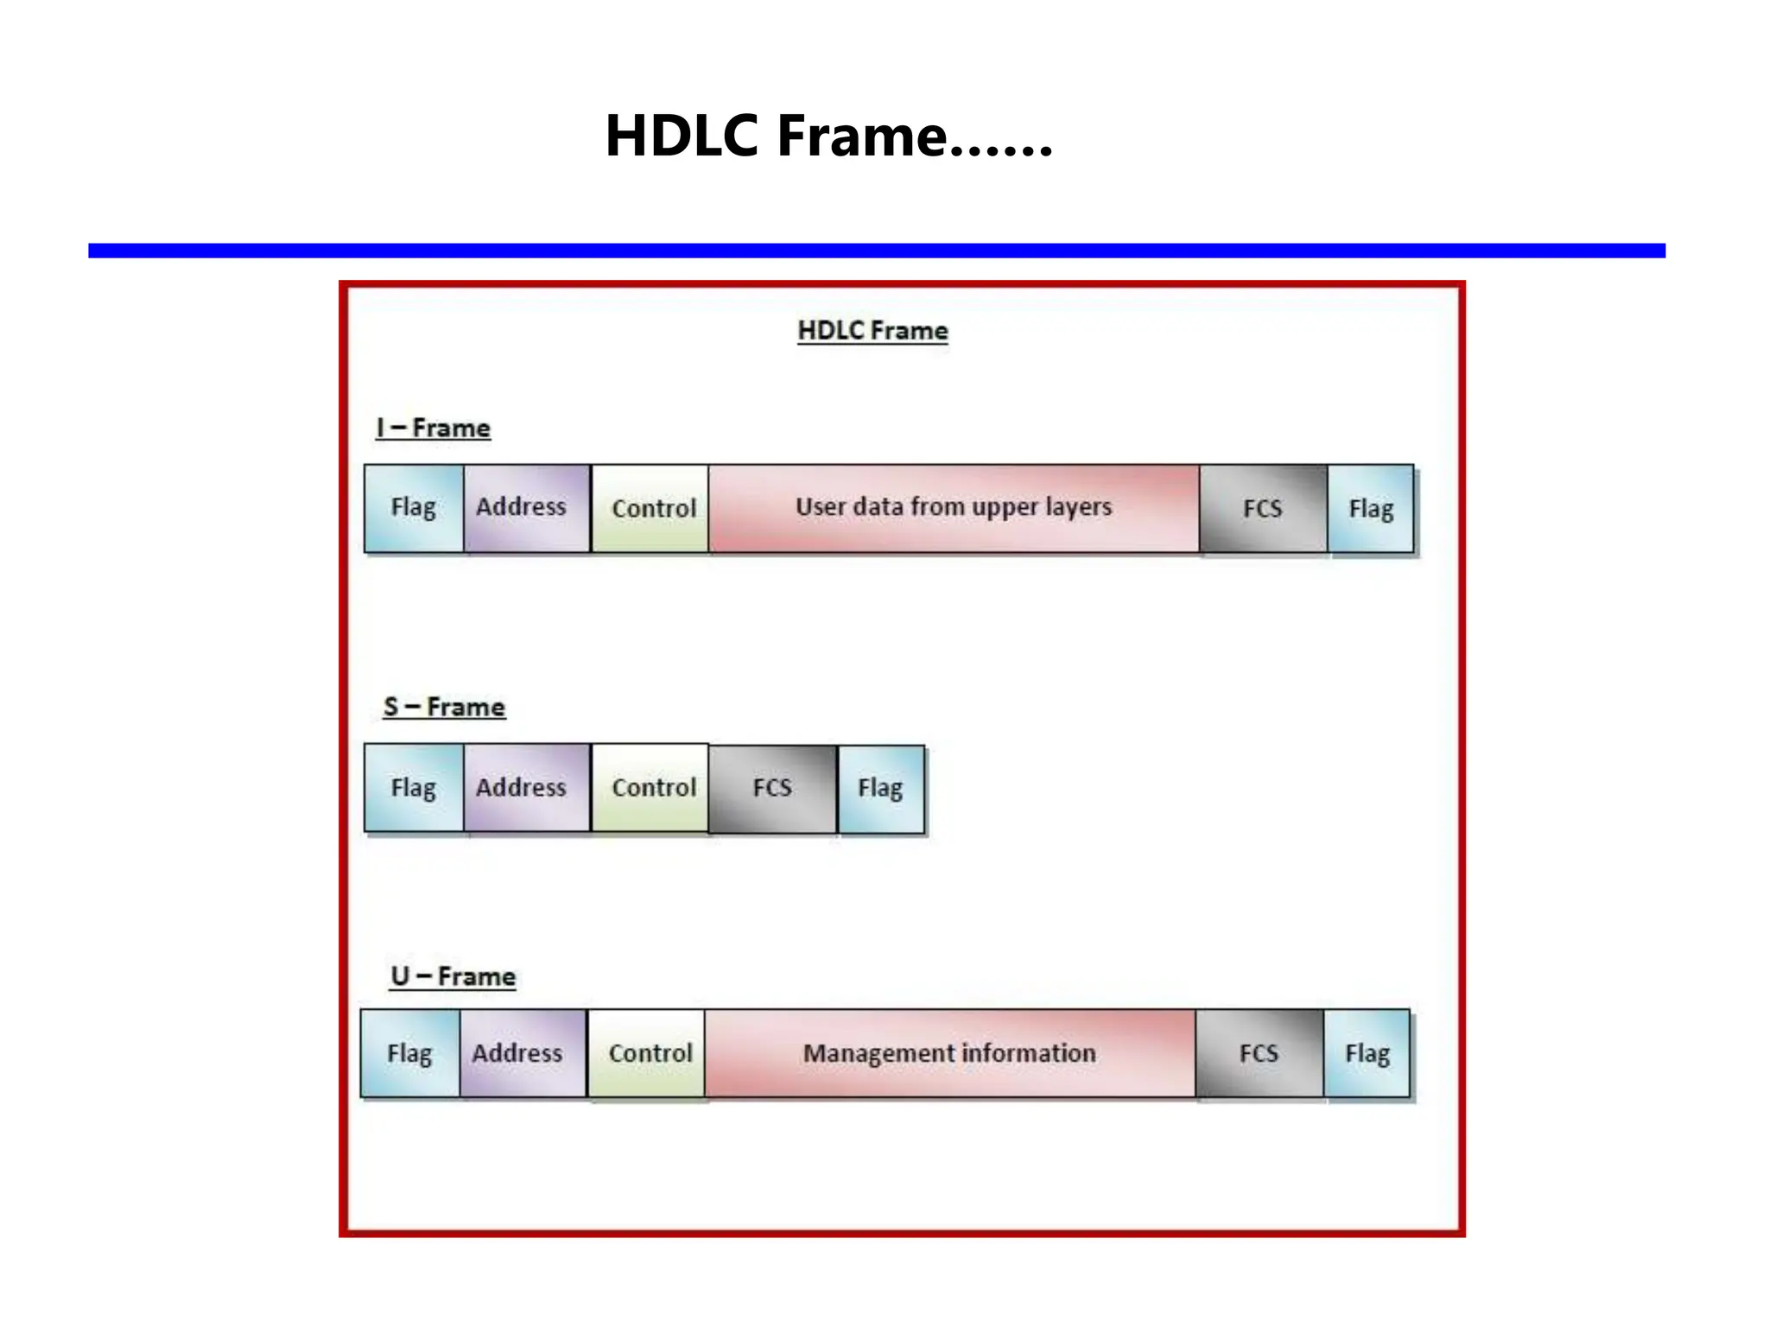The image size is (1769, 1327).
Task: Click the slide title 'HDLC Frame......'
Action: point(828,137)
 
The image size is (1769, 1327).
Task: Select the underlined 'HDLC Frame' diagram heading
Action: point(872,331)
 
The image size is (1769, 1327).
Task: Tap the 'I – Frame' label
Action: point(434,429)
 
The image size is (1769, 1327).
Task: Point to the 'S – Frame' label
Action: point(444,708)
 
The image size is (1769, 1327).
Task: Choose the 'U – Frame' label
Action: point(453,977)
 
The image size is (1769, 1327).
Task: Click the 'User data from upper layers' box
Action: point(954,508)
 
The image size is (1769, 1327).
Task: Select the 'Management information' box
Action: point(949,1054)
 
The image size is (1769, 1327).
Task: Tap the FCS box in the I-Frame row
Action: point(1263,508)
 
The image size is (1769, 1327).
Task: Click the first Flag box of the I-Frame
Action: point(414,508)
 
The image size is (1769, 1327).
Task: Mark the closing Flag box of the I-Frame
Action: point(1371,508)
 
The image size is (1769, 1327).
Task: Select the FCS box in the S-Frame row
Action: point(772,789)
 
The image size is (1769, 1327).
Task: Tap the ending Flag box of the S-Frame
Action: point(880,789)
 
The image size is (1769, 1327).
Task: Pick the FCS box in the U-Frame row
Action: point(1259,1054)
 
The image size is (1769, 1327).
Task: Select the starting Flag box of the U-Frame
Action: point(410,1054)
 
